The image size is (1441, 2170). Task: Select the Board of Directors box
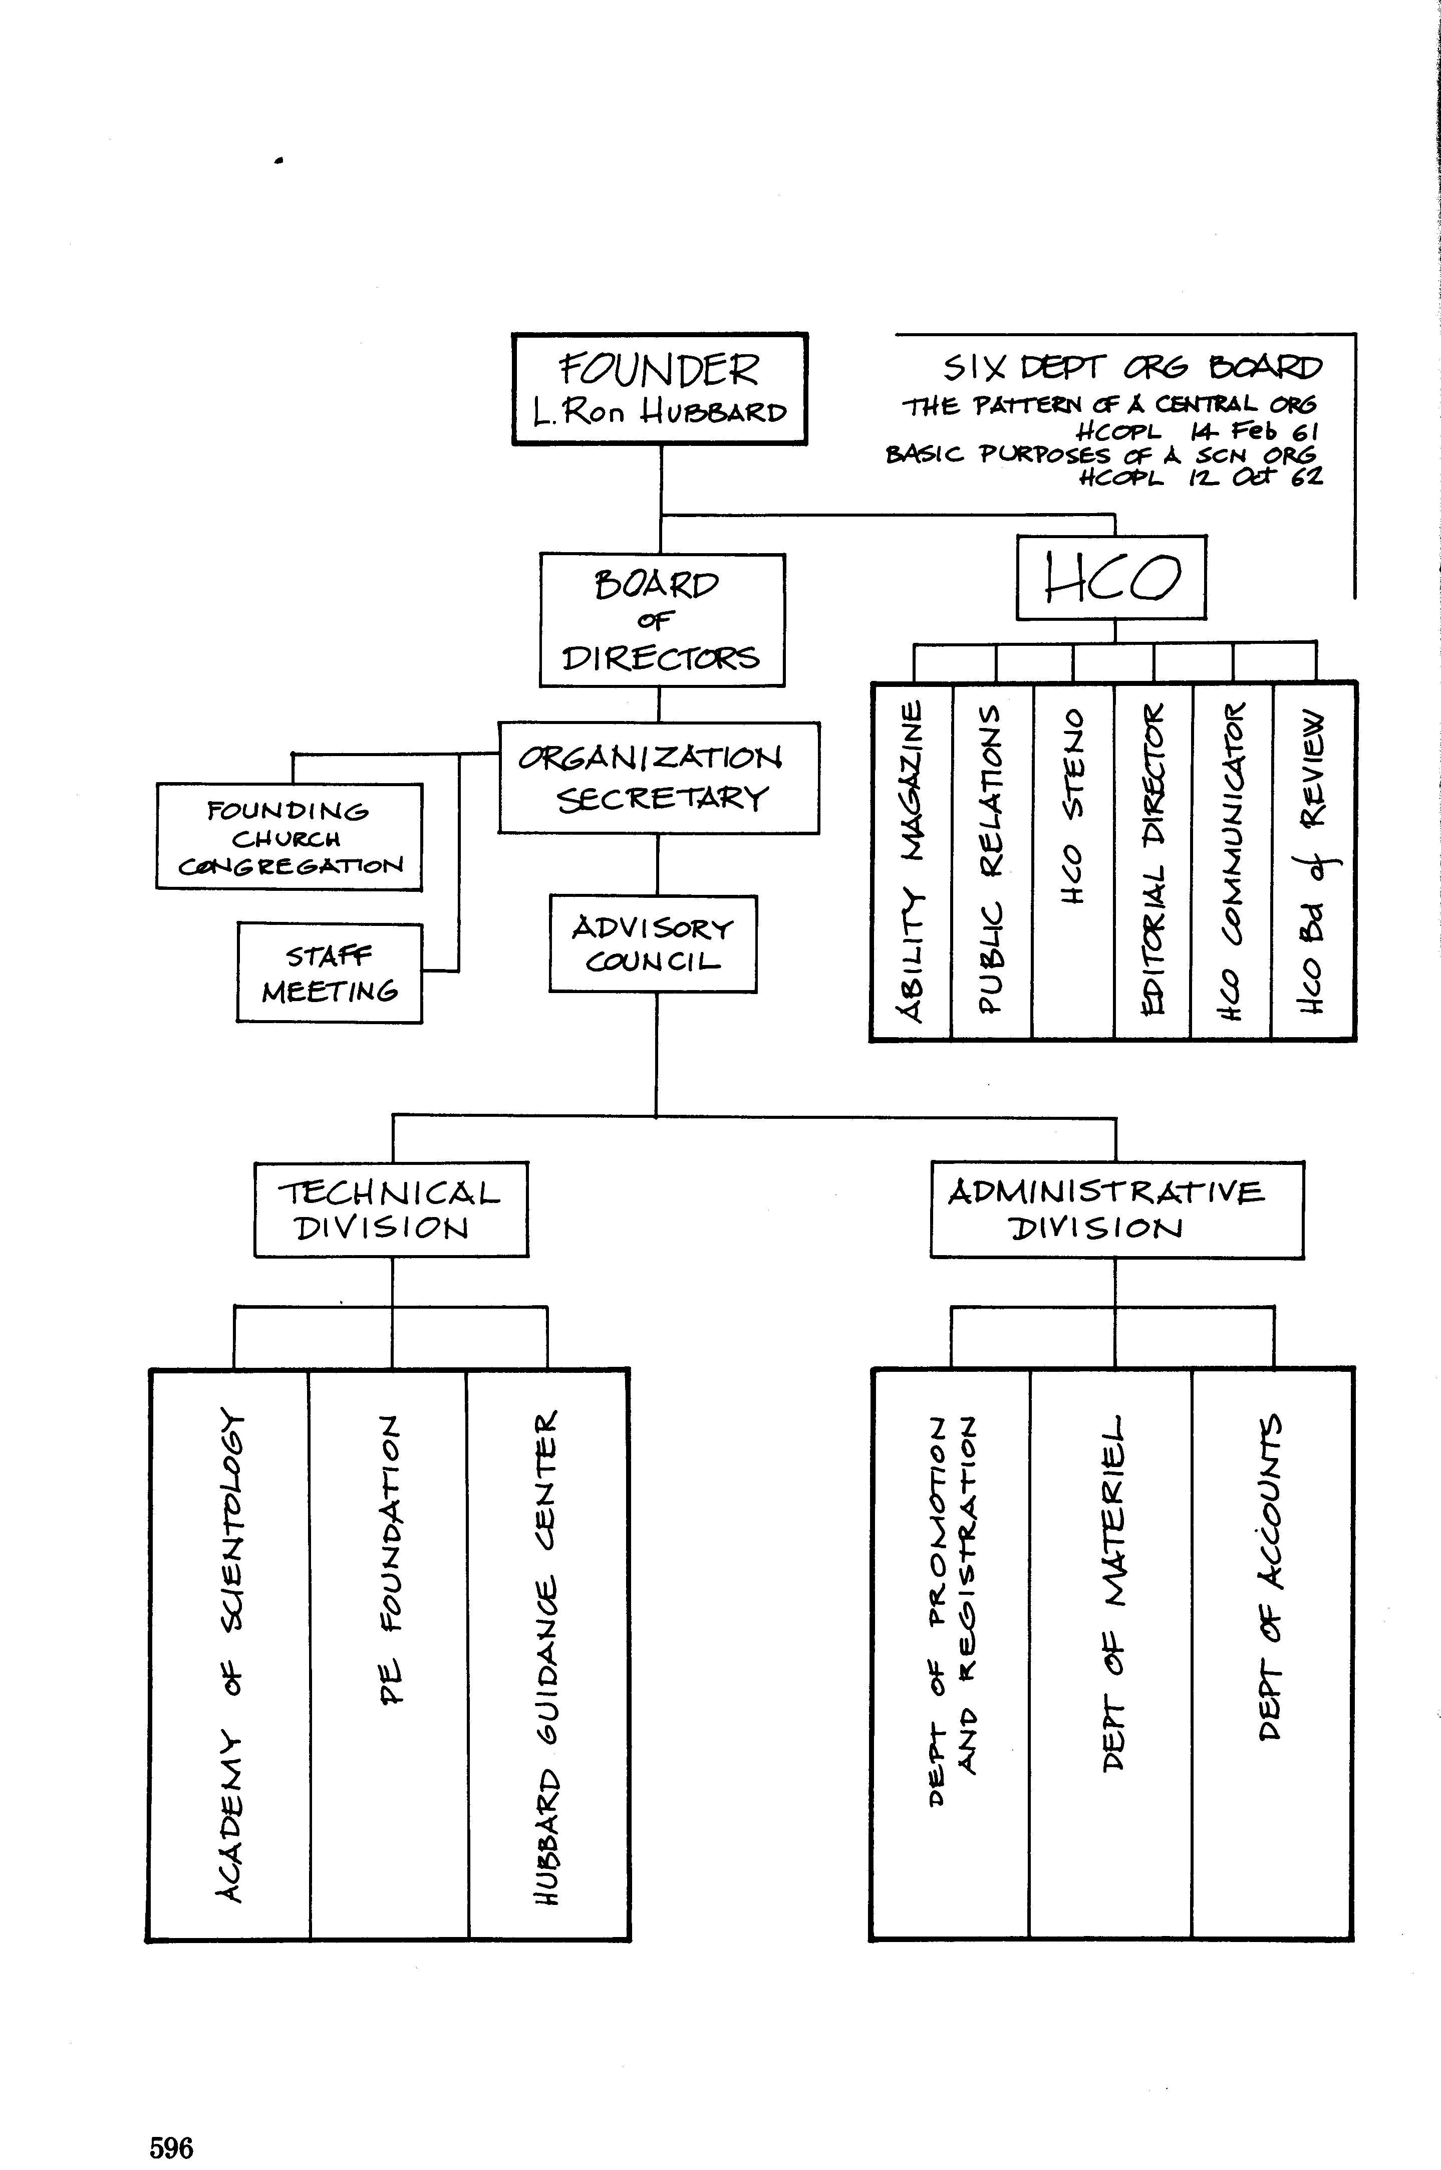coord(662,620)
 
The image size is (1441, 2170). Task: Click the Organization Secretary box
coord(658,778)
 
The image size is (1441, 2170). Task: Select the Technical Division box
coord(391,1210)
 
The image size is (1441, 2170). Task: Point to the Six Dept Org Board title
coord(1131,369)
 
